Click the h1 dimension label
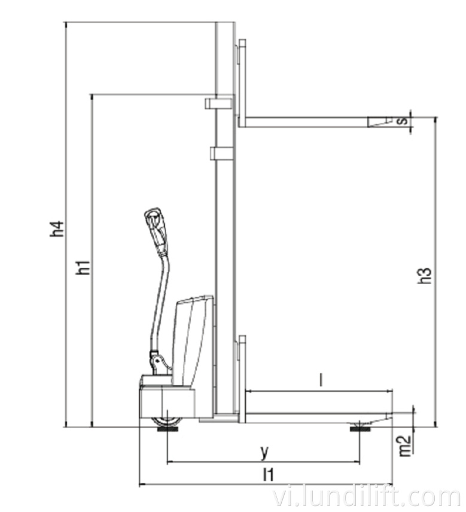[x=84, y=267]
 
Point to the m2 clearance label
[x=405, y=446]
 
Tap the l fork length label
[x=321, y=380]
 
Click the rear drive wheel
[x=167, y=422]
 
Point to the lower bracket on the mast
[x=222, y=154]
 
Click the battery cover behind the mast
[x=193, y=341]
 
